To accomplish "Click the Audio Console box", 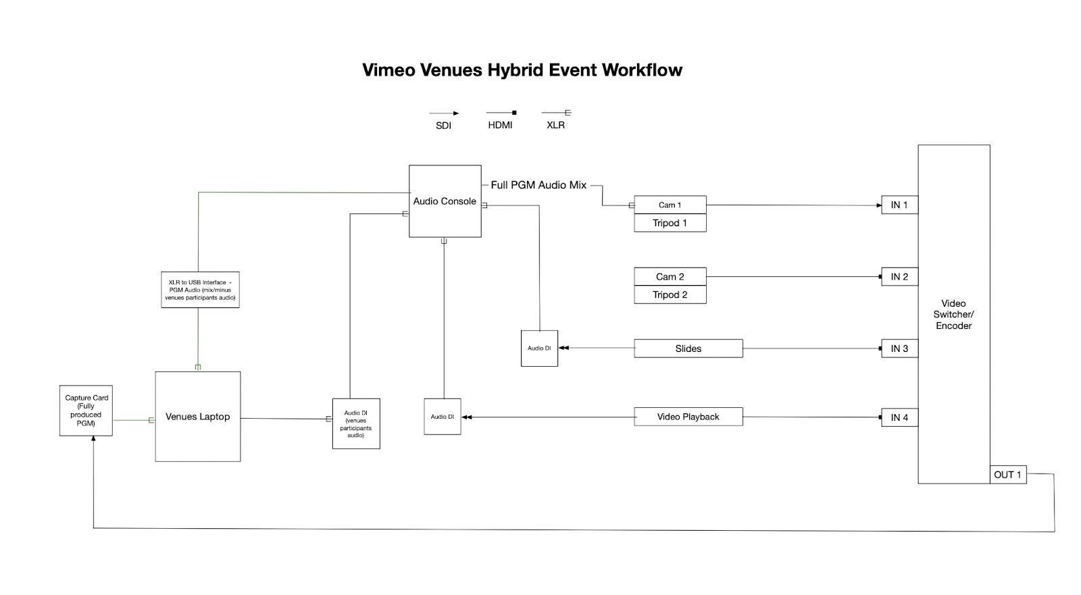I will point(445,201).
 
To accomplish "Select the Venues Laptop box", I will point(198,417).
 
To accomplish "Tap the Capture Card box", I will point(86,411).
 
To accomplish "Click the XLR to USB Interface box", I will point(200,290).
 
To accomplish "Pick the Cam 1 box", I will point(670,205).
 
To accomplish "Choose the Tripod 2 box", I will point(670,295).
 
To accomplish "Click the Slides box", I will point(688,348).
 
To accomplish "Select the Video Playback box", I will point(688,417).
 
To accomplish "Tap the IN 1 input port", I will point(899,205).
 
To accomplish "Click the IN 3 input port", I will point(899,348).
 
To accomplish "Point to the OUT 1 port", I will point(1007,475).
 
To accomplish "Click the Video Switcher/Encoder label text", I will point(953,315).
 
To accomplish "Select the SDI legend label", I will point(443,126).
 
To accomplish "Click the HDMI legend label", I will point(500,125).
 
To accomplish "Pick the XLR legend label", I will point(555,125).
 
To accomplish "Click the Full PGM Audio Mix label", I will point(538,185).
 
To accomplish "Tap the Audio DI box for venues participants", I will point(356,423).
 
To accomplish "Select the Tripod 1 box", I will point(670,223).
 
